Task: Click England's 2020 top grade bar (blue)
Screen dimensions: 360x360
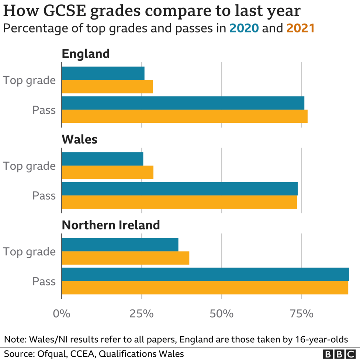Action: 103,73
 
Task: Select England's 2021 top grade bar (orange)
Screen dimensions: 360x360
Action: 107,87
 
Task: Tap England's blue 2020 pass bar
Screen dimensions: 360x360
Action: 183,103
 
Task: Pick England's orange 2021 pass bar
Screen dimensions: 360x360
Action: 184,116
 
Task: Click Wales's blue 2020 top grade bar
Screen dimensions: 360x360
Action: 102,159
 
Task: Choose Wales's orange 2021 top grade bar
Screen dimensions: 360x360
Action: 107,172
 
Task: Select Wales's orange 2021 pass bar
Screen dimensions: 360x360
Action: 179,202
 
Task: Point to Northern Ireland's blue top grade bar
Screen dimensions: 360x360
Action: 120,245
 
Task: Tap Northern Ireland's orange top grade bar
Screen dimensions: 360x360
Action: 125,258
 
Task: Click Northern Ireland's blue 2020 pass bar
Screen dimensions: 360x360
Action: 205,274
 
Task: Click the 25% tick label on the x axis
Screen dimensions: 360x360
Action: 142,314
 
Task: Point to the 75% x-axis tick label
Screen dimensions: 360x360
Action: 301,314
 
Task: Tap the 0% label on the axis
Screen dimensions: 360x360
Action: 62,314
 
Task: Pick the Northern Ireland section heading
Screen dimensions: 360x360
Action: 111,225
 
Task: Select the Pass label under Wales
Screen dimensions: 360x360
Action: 44,195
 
